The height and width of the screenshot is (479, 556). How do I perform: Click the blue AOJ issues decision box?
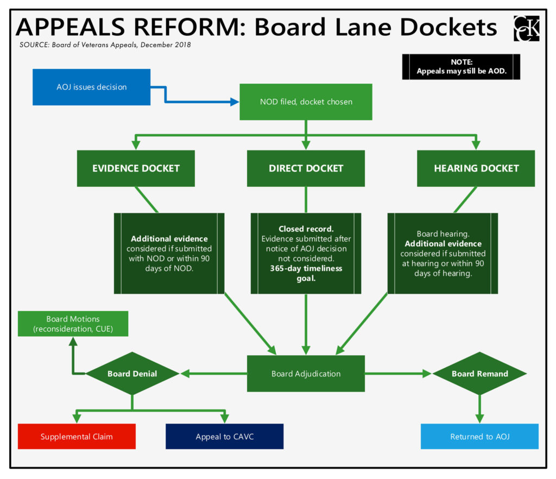pyautogui.click(x=91, y=87)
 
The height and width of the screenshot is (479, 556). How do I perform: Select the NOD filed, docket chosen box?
pyautogui.click(x=306, y=102)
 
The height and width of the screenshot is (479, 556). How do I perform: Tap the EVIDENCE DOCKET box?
pyautogui.click(x=136, y=168)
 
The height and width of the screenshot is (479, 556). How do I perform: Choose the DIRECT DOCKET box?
pyautogui.click(x=306, y=168)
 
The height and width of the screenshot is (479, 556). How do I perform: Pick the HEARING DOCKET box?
pyautogui.click(x=476, y=168)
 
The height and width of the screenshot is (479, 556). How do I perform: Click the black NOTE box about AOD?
pyautogui.click(x=461, y=67)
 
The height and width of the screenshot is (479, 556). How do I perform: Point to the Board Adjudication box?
pyautogui.click(x=306, y=374)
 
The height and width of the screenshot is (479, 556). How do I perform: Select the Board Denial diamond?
pyautogui.click(x=132, y=374)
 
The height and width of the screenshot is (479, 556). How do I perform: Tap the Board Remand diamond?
pyautogui.click(x=479, y=374)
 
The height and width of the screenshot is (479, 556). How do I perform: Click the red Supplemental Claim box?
pyautogui.click(x=77, y=437)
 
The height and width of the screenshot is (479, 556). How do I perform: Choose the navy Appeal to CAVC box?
pyautogui.click(x=224, y=437)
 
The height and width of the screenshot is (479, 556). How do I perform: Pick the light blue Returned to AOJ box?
pyautogui.click(x=479, y=437)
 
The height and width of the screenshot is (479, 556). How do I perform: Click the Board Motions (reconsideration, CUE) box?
pyautogui.click(x=73, y=324)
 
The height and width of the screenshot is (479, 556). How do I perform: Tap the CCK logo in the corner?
pyautogui.click(x=526, y=28)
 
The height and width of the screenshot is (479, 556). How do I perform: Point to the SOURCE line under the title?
pyautogui.click(x=105, y=45)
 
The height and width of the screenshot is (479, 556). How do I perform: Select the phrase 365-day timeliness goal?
pyautogui.click(x=306, y=273)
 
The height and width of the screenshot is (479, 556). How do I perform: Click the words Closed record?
pyautogui.click(x=306, y=229)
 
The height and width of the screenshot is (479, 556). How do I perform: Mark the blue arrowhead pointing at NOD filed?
pyautogui.click(x=235, y=102)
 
